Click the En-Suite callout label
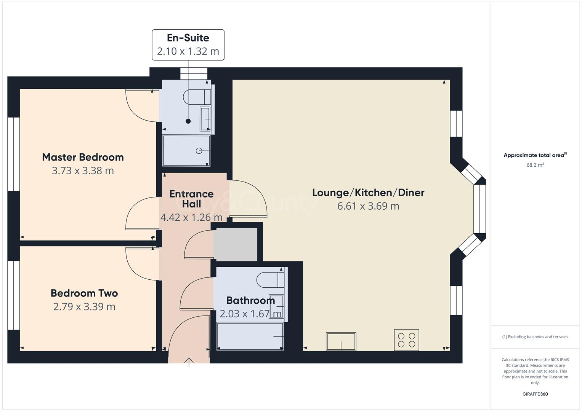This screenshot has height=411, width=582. pyautogui.click(x=188, y=45)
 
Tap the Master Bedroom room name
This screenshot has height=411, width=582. pyautogui.click(x=83, y=157)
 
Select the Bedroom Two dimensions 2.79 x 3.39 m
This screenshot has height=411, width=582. pyautogui.click(x=84, y=307)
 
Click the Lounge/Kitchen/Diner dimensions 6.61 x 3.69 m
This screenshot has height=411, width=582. pyautogui.click(x=368, y=206)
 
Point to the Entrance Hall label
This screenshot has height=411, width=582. pyautogui.click(x=191, y=199)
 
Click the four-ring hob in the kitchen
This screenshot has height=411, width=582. pyautogui.click(x=406, y=340)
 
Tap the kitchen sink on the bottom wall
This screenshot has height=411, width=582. pyautogui.click(x=341, y=341)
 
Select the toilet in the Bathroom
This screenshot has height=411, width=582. pyautogui.click(x=270, y=280)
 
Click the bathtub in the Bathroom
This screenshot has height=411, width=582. pyautogui.click(x=250, y=336)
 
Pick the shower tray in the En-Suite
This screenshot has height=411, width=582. pyautogui.click(x=186, y=151)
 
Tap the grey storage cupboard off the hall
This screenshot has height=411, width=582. pyautogui.click(x=235, y=244)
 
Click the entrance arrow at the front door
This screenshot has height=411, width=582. pyautogui.click(x=189, y=362)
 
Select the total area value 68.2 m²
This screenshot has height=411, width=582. pyautogui.click(x=535, y=165)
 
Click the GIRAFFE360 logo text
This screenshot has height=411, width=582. pyautogui.click(x=535, y=394)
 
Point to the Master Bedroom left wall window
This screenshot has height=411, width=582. pyautogui.click(x=14, y=154)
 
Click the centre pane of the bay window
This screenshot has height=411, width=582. pyautogui.click(x=480, y=209)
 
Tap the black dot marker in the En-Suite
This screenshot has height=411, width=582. pyautogui.click(x=188, y=121)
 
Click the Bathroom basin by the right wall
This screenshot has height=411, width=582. pyautogui.click(x=277, y=306)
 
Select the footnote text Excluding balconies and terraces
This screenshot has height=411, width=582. pyautogui.click(x=535, y=337)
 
